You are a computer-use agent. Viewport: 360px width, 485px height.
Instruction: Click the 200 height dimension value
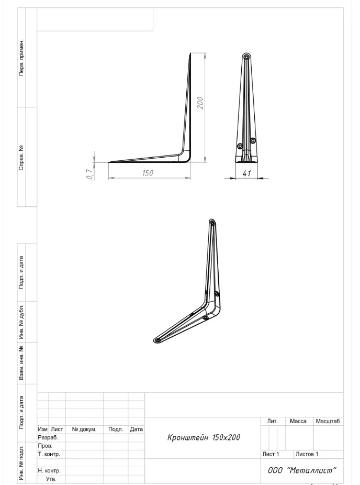200,103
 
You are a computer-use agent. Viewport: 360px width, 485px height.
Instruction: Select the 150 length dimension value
148,173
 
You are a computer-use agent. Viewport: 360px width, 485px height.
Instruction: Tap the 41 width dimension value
246,173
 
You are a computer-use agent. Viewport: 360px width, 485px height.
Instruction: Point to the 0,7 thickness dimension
89,174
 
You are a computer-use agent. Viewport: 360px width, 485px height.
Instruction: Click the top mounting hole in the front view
246,57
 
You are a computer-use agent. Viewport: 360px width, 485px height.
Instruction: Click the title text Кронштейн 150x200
204,437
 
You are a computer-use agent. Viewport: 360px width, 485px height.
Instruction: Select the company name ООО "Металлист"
302,470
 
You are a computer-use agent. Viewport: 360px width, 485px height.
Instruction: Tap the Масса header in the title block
298,421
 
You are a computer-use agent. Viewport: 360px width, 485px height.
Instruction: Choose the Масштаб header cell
328,421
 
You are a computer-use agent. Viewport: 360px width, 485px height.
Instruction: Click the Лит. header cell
272,421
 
